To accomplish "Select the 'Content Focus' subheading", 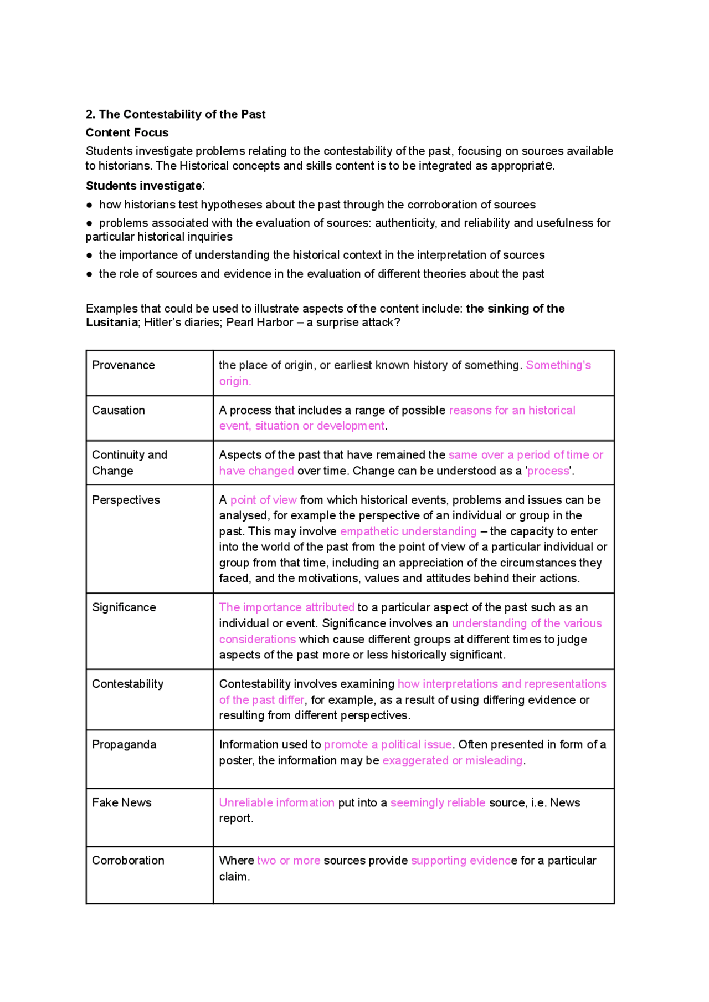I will (x=127, y=132).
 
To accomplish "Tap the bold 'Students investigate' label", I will (x=143, y=186).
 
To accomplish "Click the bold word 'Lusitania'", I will (x=111, y=323).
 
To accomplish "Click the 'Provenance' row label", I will (x=123, y=365).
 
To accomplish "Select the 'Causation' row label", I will (x=118, y=410).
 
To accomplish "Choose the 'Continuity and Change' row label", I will (x=129, y=462).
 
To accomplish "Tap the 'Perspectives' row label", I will (x=126, y=500).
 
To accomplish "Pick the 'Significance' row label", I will (x=124, y=607).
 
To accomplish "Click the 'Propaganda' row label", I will (x=124, y=744).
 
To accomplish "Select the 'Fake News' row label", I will (x=121, y=802).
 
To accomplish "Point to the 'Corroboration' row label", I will (x=128, y=860).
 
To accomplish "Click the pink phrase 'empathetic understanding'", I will (x=408, y=531).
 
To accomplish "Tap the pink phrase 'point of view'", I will (x=263, y=500).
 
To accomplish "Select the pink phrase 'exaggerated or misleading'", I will (x=452, y=760).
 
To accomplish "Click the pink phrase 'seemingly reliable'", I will (x=438, y=802).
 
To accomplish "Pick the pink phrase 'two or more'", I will (x=289, y=860).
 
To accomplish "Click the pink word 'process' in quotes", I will (x=548, y=471).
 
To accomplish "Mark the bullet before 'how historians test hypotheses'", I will (x=89, y=205).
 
